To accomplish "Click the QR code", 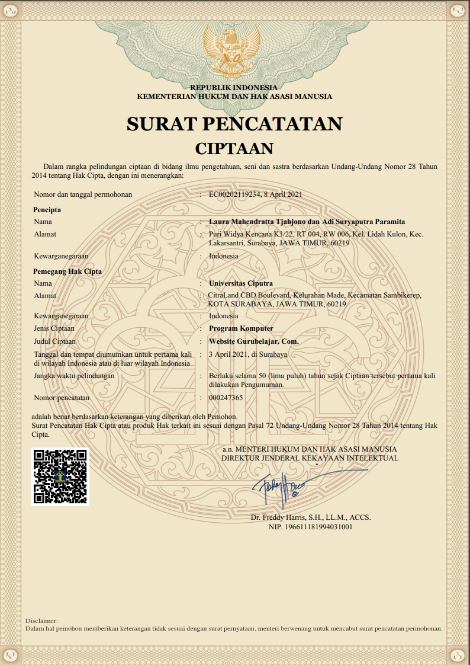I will coord(60,477).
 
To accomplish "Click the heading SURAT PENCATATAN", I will coord(234,124).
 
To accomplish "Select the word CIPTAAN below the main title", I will coord(234,148).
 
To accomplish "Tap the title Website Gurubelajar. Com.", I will coord(254,341).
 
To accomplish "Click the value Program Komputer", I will coord(241,328).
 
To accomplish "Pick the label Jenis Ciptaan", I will coord(54,328).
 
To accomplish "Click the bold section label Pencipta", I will coord(47,210).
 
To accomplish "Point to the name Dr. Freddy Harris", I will coord(276,517).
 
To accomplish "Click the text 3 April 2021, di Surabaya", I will coord(248,354).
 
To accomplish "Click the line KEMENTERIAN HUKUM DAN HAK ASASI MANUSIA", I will coord(234,96).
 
